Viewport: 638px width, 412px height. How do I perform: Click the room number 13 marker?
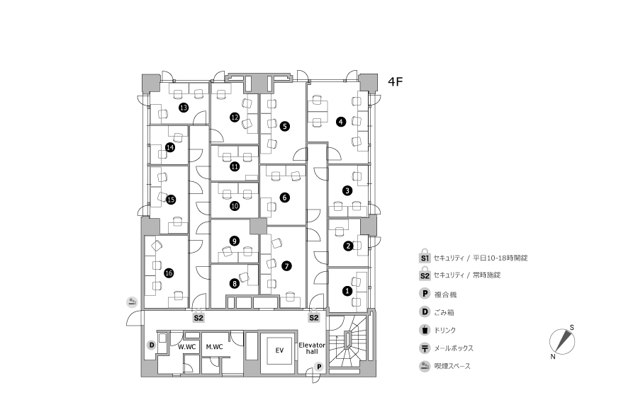pos(184,108)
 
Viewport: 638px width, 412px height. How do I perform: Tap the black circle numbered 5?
pos(285,127)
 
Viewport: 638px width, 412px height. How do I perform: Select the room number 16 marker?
pos(169,273)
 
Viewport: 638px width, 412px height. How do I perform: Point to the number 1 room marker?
pos(347,291)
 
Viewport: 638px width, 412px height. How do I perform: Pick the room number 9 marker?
pos(235,241)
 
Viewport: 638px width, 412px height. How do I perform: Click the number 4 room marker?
pos(340,122)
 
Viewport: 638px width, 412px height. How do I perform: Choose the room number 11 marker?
pos(235,166)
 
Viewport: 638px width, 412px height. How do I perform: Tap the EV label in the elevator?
pos(279,350)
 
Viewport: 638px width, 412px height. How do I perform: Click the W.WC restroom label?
pos(186,347)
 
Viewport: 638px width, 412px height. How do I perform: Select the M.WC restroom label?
pos(214,347)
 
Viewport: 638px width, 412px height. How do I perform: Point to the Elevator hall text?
pos(312,348)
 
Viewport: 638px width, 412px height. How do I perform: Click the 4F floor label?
pos(395,81)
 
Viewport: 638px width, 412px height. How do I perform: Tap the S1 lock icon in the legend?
pos(425,256)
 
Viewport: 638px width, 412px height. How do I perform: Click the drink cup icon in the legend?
pos(425,329)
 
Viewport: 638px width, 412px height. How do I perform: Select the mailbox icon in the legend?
pos(425,348)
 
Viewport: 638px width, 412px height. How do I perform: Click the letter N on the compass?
pos(552,357)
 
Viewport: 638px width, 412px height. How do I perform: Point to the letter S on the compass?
pos(571,328)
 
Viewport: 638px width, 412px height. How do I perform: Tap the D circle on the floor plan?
pos(152,345)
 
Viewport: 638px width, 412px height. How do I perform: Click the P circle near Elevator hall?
pos(320,367)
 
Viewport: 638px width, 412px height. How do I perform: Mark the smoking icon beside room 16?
pos(132,302)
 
